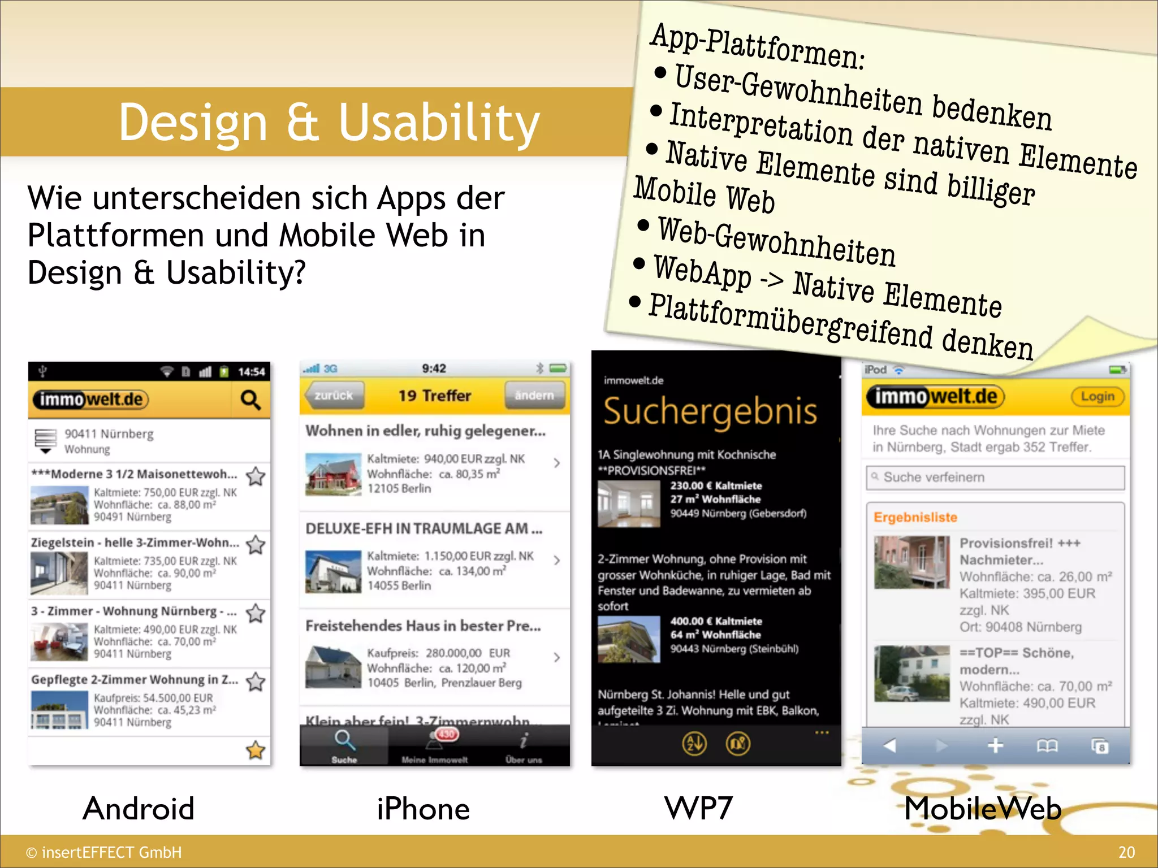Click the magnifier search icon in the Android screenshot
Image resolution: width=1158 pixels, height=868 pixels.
[x=250, y=400]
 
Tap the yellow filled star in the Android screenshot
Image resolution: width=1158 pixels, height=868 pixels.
[x=256, y=750]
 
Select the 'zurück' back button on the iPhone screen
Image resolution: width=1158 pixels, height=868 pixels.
[x=333, y=396]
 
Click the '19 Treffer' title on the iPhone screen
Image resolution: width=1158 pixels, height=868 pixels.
[x=434, y=396]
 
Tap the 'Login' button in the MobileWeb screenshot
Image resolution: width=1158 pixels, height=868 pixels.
[x=1097, y=396]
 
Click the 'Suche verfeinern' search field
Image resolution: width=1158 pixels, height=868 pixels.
[x=995, y=478]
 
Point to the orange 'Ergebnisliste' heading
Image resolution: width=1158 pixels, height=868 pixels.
[x=915, y=517]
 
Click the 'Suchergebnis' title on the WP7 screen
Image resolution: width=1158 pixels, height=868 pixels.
[x=710, y=411]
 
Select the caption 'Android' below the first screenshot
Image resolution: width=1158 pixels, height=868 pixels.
[x=139, y=808]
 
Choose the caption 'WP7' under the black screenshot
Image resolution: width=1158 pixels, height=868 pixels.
[x=698, y=808]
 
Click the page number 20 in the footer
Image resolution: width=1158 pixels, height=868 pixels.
[x=1126, y=852]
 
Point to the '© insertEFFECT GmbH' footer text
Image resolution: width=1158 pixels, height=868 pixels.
[x=104, y=852]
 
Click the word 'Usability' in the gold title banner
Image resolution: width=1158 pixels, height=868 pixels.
[x=439, y=123]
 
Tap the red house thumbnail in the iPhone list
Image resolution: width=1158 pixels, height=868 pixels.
[x=333, y=474]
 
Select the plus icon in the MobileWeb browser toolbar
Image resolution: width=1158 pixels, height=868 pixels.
[x=995, y=746]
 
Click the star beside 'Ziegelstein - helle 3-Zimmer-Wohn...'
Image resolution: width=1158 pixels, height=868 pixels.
[x=256, y=545]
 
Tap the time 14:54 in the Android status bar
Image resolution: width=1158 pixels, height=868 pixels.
[x=251, y=372]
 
